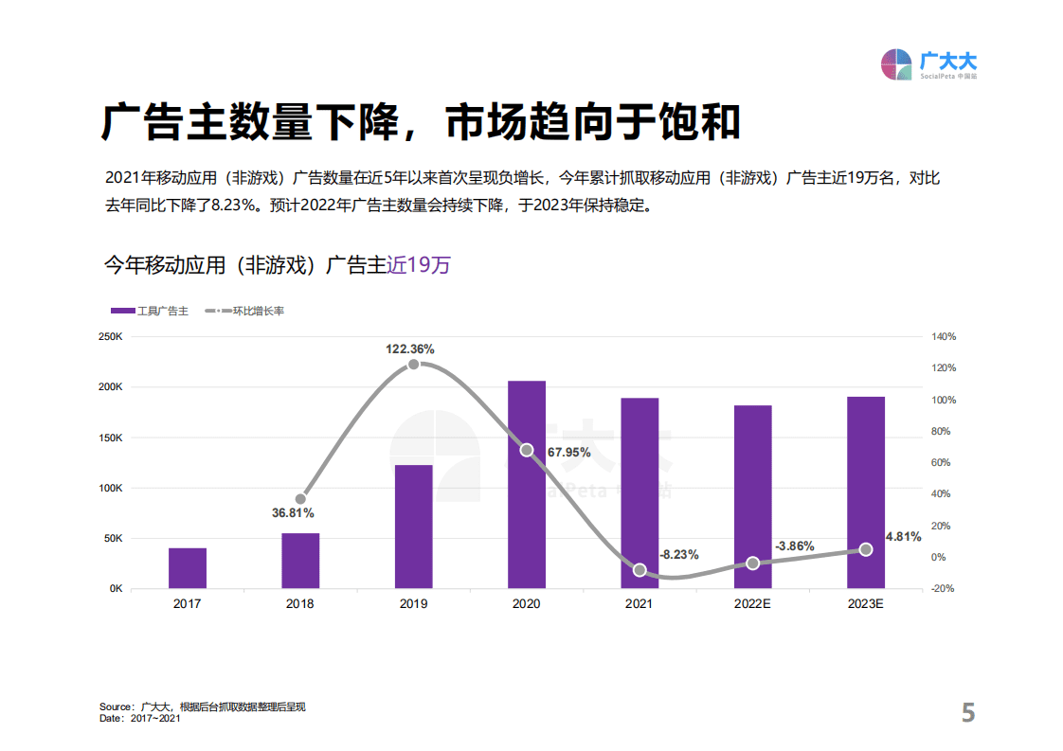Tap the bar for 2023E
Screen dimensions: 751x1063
865,492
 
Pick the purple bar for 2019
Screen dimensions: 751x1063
413,526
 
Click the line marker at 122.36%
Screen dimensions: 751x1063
413,365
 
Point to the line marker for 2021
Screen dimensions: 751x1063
640,570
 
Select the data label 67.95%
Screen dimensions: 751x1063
568,452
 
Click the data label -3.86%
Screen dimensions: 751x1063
794,546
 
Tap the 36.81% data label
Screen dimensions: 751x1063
293,512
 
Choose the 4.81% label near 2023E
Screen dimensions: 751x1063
902,537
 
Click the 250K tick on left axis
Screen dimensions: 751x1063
110,337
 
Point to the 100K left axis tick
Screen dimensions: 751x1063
110,488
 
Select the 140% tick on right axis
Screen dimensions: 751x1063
944,337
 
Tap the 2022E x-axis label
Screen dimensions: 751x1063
752,603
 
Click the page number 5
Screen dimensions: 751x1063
967,713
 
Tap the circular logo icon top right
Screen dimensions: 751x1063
897,64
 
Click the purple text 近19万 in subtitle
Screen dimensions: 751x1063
419,265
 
